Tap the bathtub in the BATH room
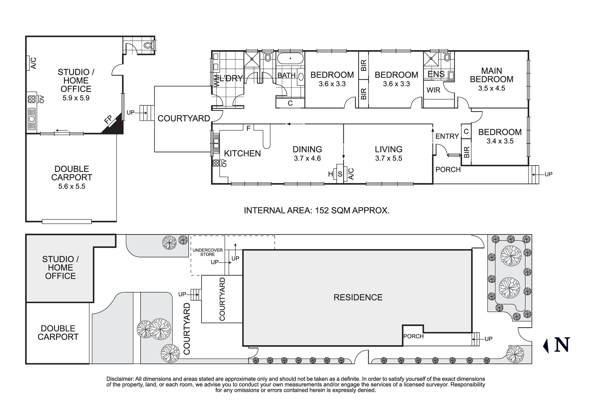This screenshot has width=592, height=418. [290, 59]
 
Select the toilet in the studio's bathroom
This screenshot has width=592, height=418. [148, 45]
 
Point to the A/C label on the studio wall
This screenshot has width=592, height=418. [34, 63]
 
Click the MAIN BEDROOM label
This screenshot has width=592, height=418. [491, 75]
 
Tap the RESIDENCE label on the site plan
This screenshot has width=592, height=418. [358, 297]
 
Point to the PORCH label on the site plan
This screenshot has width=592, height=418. [413, 336]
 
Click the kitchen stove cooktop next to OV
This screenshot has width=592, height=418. [216, 163]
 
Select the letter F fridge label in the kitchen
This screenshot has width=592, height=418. [248, 128]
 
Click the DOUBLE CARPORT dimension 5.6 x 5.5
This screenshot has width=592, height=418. [72, 186]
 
